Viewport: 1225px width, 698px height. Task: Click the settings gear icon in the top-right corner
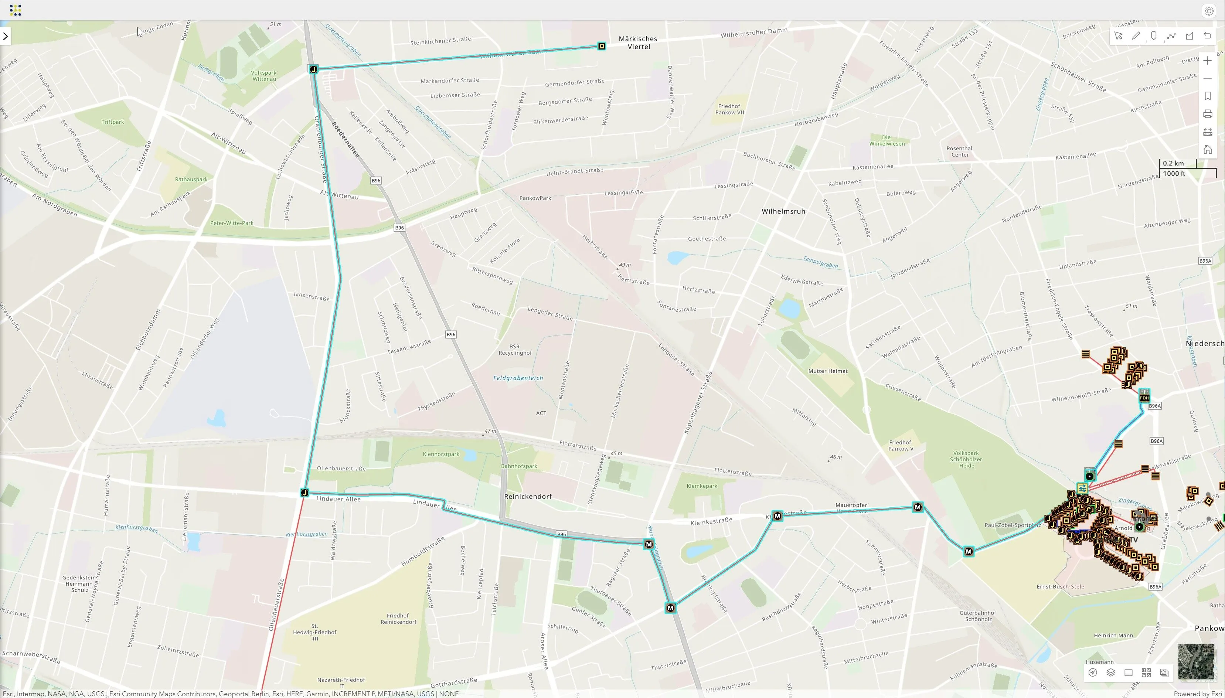pyautogui.click(x=1209, y=11)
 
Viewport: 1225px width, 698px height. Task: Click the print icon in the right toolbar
pyautogui.click(x=1207, y=114)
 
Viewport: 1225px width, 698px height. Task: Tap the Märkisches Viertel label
pyautogui.click(x=638, y=42)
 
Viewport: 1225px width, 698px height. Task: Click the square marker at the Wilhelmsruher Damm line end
pyautogui.click(x=602, y=47)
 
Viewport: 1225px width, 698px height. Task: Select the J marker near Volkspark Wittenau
pyautogui.click(x=313, y=69)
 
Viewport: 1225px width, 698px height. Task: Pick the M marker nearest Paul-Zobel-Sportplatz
pyautogui.click(x=969, y=552)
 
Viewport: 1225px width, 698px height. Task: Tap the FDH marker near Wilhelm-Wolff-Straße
pyautogui.click(x=1144, y=396)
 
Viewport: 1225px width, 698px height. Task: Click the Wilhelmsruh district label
pyautogui.click(x=783, y=211)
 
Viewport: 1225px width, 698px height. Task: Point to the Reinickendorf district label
pyautogui.click(x=528, y=497)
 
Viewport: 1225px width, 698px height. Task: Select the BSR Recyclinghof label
pyautogui.click(x=515, y=350)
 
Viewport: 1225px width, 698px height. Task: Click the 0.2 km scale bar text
pyautogui.click(x=1173, y=163)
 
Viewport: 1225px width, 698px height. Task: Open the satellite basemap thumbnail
pyautogui.click(x=1196, y=661)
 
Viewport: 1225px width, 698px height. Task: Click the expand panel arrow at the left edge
pyautogui.click(x=5, y=36)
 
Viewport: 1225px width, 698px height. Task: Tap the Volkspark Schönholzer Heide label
pyautogui.click(x=966, y=459)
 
